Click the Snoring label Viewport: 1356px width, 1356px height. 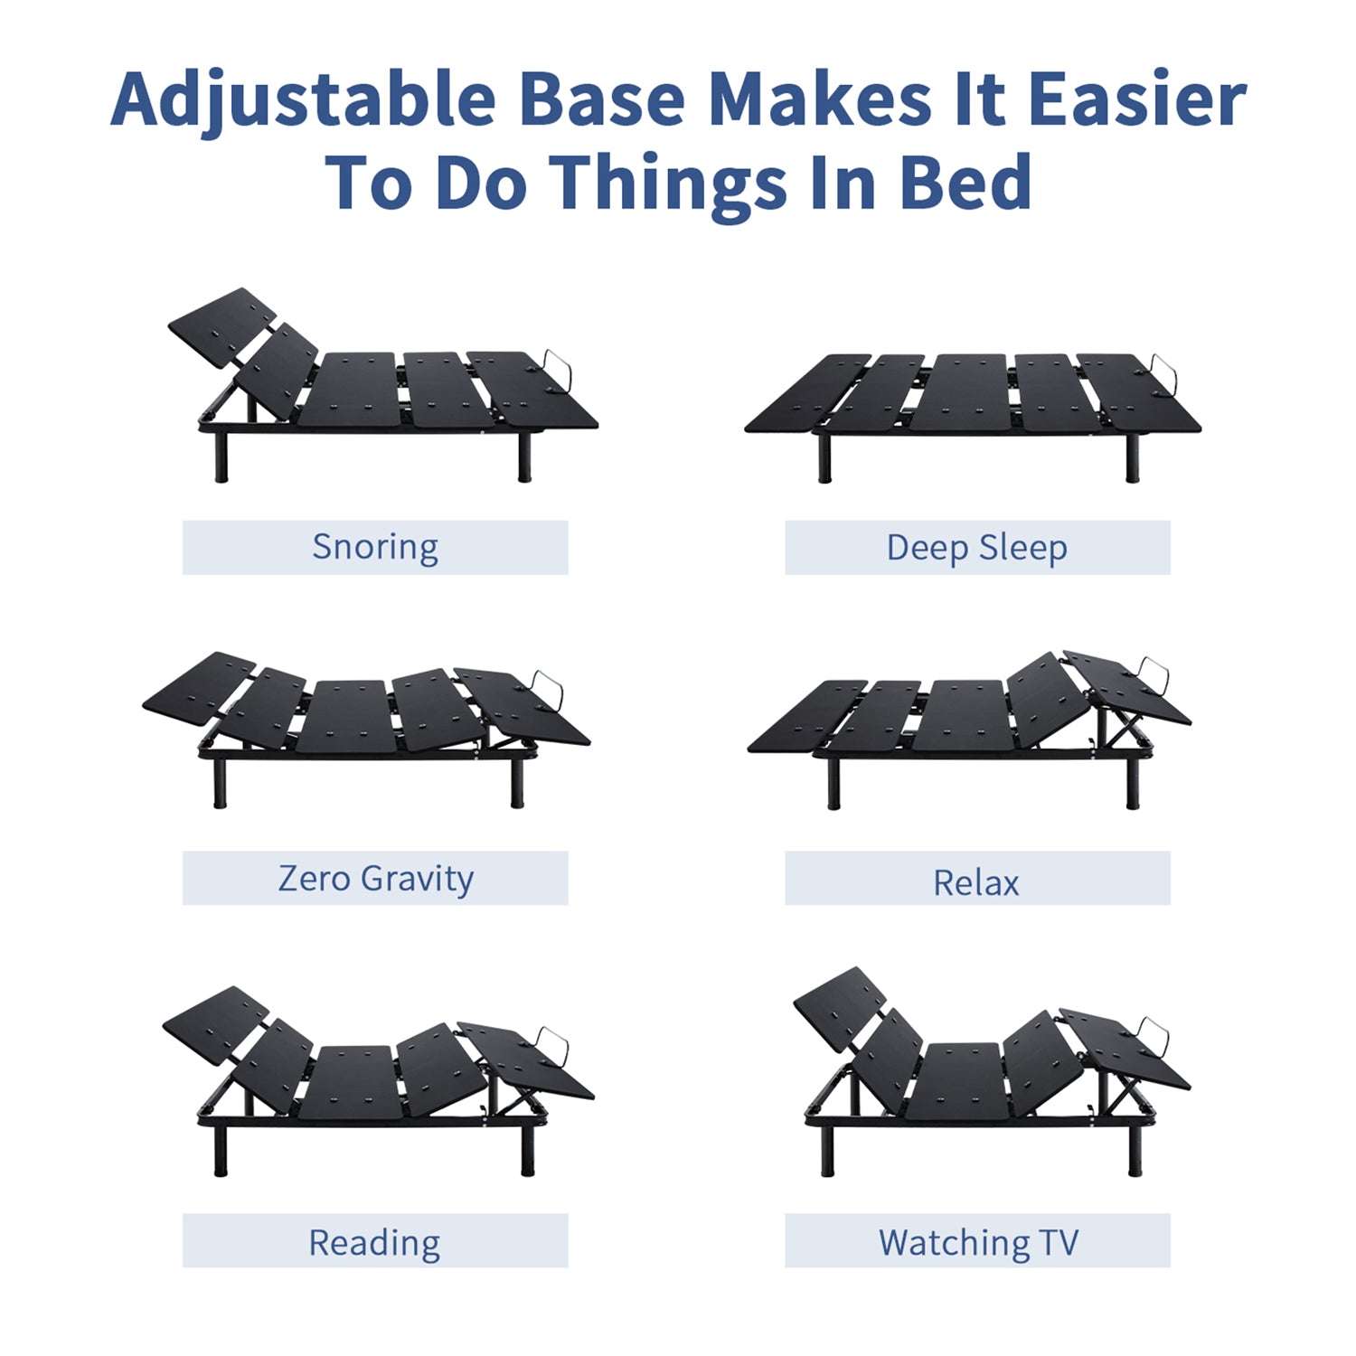[x=375, y=548]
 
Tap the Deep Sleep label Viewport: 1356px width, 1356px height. [x=977, y=548]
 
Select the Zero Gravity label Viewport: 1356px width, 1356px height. [x=375, y=879]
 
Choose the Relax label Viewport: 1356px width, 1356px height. [x=976, y=882]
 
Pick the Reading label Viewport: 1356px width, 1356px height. [x=375, y=1243]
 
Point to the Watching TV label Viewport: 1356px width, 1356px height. [x=978, y=1242]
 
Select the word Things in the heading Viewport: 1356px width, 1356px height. [x=669, y=184]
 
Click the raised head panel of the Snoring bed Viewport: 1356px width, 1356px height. [x=222, y=326]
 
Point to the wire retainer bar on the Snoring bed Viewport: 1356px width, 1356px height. [x=557, y=371]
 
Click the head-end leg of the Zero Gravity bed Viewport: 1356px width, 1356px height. [x=219, y=782]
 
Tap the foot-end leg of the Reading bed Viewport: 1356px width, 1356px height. [x=528, y=1151]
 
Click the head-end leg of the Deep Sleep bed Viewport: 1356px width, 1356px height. [x=824, y=458]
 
